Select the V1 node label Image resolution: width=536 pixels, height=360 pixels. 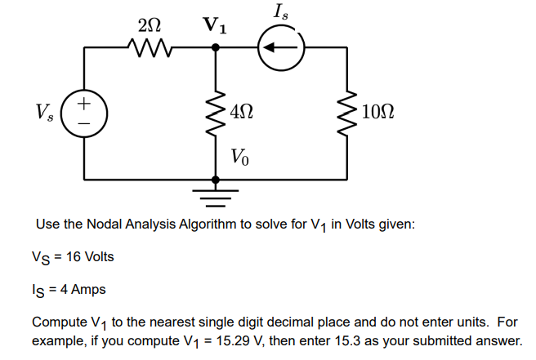215,24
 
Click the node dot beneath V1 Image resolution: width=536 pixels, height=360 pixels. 215,48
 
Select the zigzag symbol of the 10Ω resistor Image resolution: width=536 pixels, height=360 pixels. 350,113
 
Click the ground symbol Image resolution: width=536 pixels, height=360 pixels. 215,194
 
